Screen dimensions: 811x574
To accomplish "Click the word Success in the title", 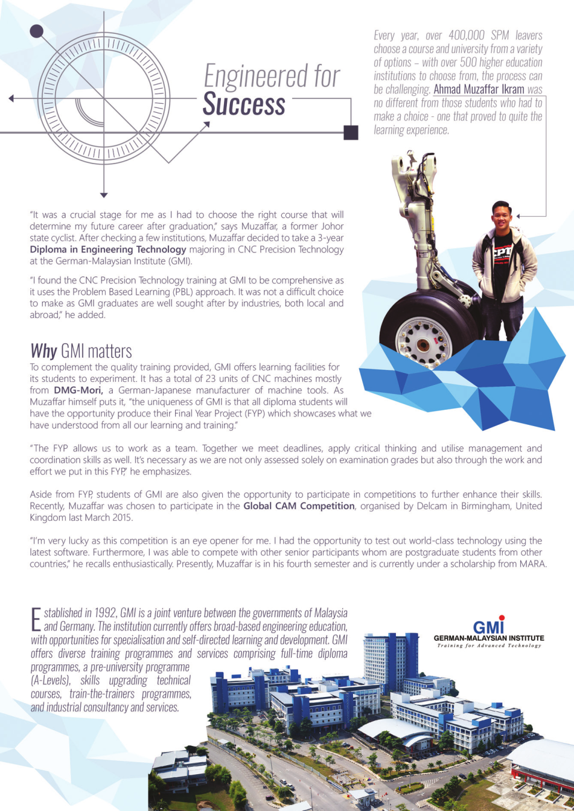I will coord(244,104).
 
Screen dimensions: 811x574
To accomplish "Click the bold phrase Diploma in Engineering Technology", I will coord(109,249).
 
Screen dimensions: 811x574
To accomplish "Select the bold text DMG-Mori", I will coord(79,390).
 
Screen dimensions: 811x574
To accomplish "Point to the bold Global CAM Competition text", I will coord(299,506).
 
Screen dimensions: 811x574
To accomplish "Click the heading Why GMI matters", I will coord(81,351).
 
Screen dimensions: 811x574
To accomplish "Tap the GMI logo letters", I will coord(489,626).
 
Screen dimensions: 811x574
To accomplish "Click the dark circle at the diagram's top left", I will coord(37,31).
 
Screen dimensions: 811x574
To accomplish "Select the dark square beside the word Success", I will coord(351,132).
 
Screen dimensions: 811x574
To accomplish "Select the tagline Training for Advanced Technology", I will coord(489,646).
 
